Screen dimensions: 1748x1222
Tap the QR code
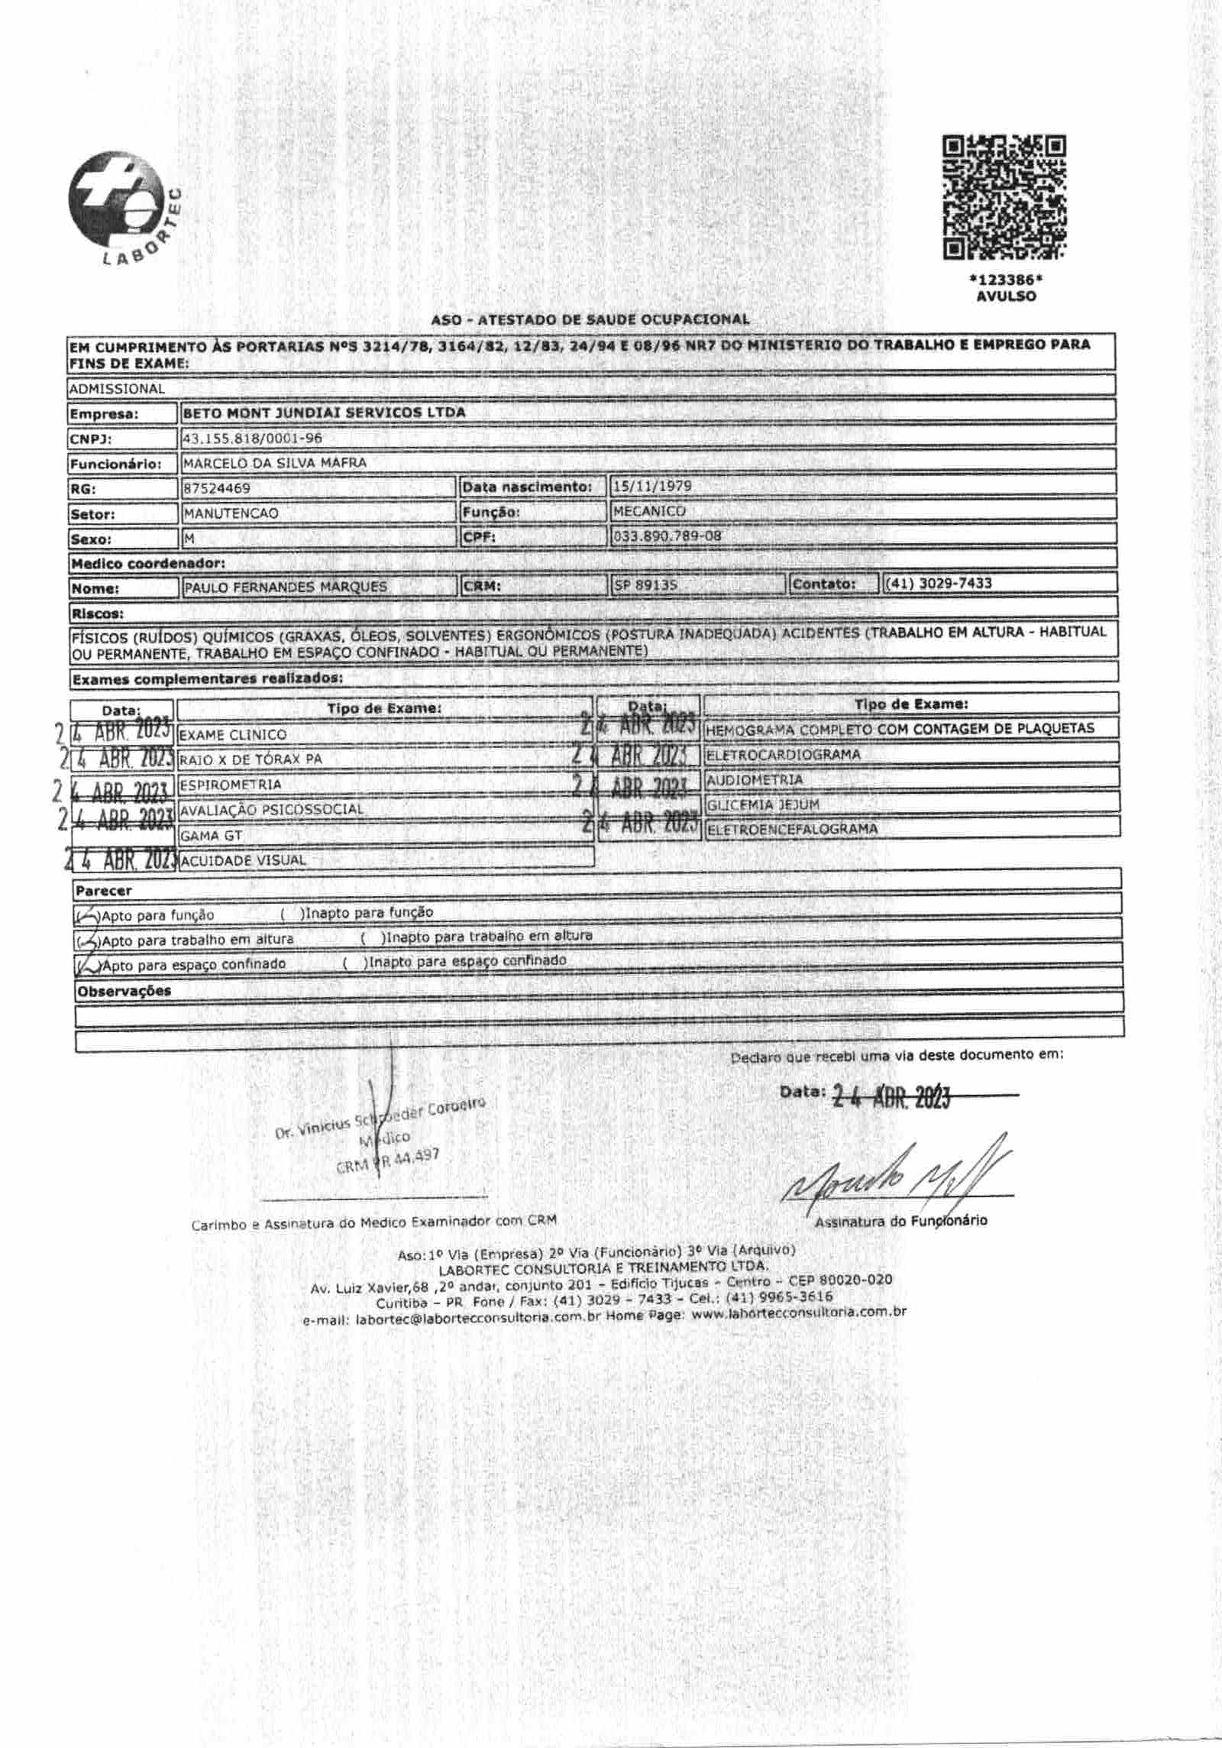(x=1004, y=198)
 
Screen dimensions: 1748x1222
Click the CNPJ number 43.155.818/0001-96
(x=252, y=439)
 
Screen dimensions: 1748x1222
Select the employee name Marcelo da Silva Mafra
(x=274, y=462)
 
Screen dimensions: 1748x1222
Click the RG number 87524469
(x=216, y=487)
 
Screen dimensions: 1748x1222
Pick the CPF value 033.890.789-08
(x=667, y=536)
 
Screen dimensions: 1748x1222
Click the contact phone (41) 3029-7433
(x=939, y=583)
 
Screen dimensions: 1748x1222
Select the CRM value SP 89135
(x=645, y=585)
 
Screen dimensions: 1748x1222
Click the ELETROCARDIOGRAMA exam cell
(x=783, y=754)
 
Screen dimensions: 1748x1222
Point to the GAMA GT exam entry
(x=211, y=835)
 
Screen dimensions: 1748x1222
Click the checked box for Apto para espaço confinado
(x=89, y=965)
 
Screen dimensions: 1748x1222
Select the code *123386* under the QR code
(x=1005, y=280)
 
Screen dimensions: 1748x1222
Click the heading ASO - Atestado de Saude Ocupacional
(x=590, y=319)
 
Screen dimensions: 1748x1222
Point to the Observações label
(x=123, y=991)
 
